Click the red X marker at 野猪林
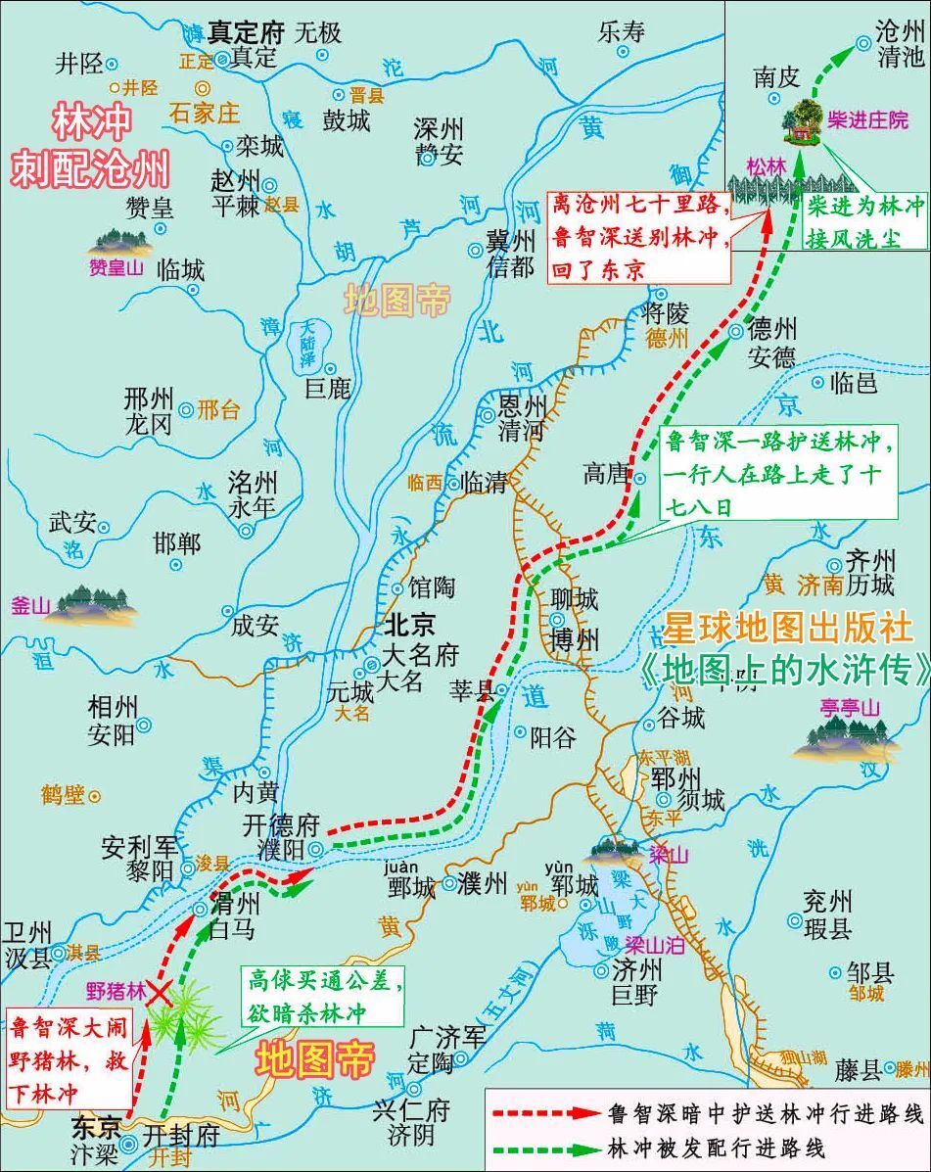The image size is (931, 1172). tap(158, 993)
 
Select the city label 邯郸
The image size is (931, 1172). tap(176, 543)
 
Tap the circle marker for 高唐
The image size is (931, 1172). tap(639, 479)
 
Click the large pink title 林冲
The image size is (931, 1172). tap(90, 125)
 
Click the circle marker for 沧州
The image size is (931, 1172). tap(862, 42)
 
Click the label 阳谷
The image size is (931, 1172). tap(552, 736)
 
